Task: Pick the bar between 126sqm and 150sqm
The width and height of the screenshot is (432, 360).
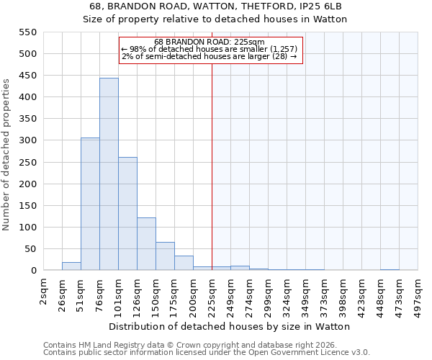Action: [x=146, y=244]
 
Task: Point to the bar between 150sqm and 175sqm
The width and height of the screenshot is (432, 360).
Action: [x=165, y=256]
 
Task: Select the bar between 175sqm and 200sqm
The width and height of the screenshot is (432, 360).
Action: [x=184, y=264]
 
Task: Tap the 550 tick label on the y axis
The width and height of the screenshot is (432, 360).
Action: [x=27, y=32]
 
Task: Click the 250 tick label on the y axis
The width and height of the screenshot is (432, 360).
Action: [x=27, y=162]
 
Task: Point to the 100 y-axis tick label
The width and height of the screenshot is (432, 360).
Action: [x=27, y=228]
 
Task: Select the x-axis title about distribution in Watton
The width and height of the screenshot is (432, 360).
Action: [x=230, y=326]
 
